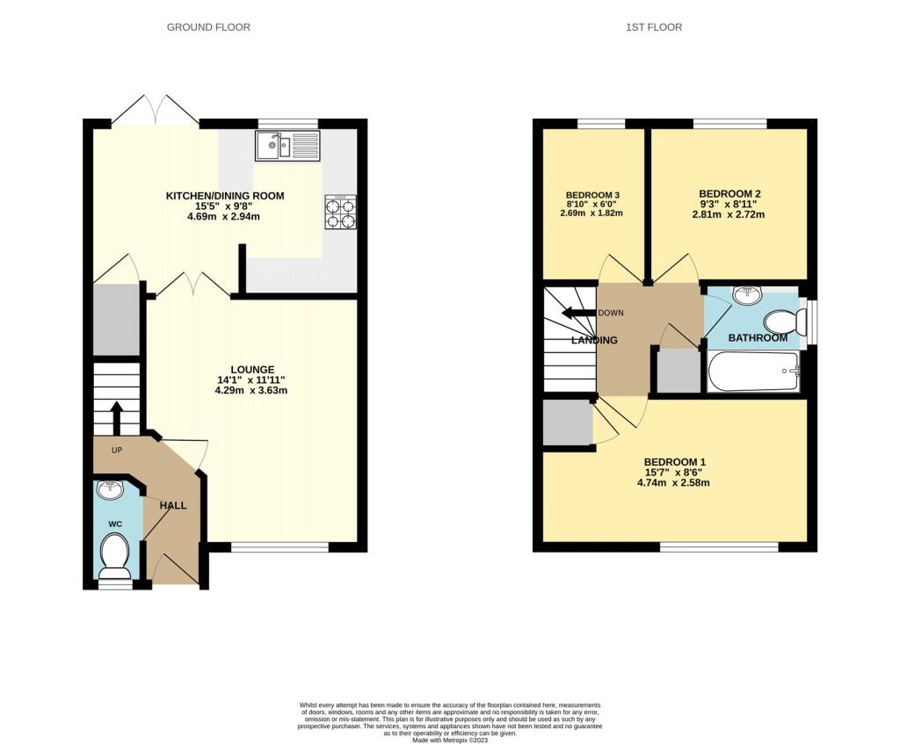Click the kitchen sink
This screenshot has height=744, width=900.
pyautogui.click(x=287, y=146)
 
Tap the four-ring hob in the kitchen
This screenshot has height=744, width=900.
pyautogui.click(x=340, y=213)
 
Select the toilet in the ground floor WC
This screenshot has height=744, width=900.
pyautogui.click(x=115, y=556)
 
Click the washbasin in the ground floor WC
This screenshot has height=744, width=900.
pyautogui.click(x=110, y=489)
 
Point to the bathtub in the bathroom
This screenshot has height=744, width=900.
pyautogui.click(x=753, y=372)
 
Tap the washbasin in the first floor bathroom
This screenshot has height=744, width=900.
pyautogui.click(x=747, y=295)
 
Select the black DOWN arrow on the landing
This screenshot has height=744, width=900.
pyautogui.click(x=578, y=314)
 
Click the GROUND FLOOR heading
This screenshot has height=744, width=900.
pyautogui.click(x=208, y=27)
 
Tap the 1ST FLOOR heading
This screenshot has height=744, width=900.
pyautogui.click(x=654, y=27)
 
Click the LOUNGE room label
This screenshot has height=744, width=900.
pyautogui.click(x=252, y=370)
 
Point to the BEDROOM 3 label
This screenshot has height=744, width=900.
pyautogui.click(x=592, y=195)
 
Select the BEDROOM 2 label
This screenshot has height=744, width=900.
pyautogui.click(x=729, y=194)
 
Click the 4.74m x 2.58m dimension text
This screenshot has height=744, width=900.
pyautogui.click(x=673, y=483)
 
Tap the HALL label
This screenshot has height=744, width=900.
pyautogui.click(x=173, y=505)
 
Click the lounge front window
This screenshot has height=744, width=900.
pyautogui.click(x=279, y=547)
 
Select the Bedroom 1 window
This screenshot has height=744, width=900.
pyautogui.click(x=719, y=547)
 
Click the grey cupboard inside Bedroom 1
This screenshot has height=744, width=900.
pyautogui.click(x=568, y=423)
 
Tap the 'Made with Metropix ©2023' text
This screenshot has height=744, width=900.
pyautogui.click(x=450, y=740)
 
